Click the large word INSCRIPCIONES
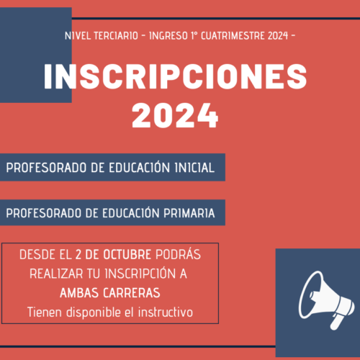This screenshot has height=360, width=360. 175,77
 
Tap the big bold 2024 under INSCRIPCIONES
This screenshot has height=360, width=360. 175,115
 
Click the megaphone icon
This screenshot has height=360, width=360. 326,300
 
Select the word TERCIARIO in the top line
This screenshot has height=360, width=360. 116,36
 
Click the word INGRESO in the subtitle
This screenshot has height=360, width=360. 168,36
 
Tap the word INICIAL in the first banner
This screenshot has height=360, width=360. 194,168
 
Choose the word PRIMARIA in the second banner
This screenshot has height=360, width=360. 189,213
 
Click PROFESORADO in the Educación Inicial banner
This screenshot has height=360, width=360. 46,168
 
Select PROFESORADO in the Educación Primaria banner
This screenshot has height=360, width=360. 44,213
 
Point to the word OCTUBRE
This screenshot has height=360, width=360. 127,254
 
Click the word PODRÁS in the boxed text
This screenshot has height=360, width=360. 178,254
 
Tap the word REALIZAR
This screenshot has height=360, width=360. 56,274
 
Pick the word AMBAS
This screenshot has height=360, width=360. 79,293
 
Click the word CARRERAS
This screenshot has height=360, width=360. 132,293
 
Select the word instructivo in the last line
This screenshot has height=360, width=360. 166,312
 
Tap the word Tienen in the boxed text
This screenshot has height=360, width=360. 45,312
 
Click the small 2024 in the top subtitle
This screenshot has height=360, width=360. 278,36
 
